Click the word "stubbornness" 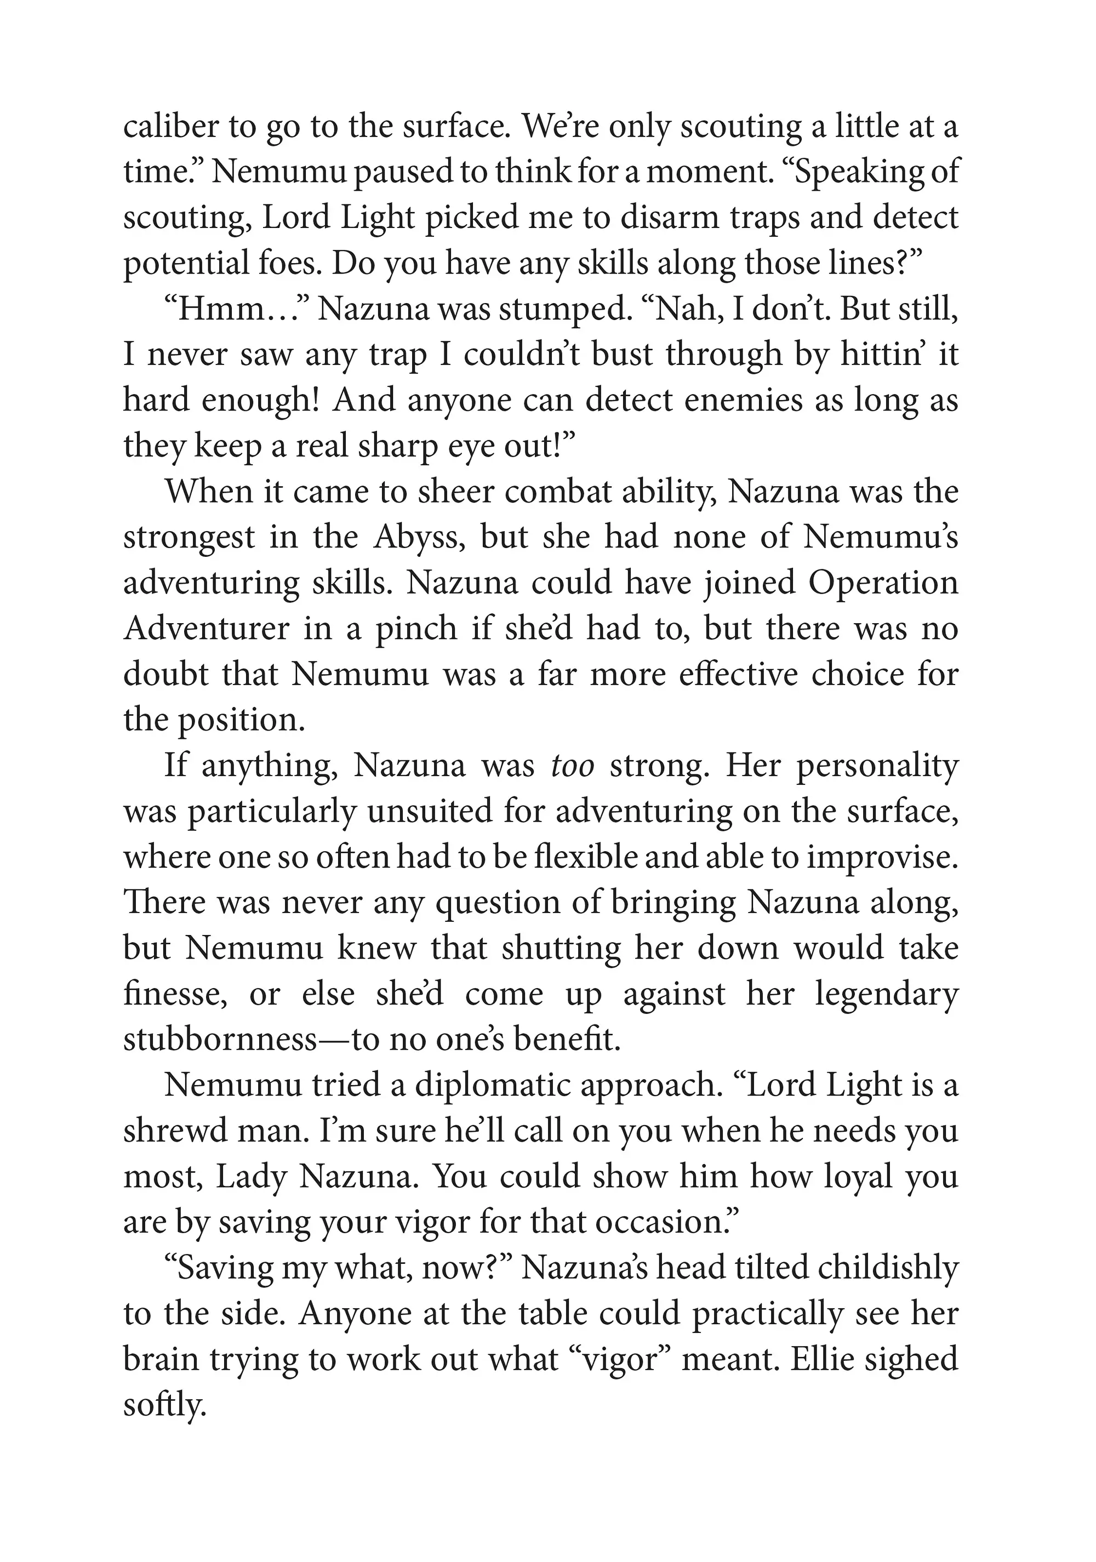[x=220, y=1040]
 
